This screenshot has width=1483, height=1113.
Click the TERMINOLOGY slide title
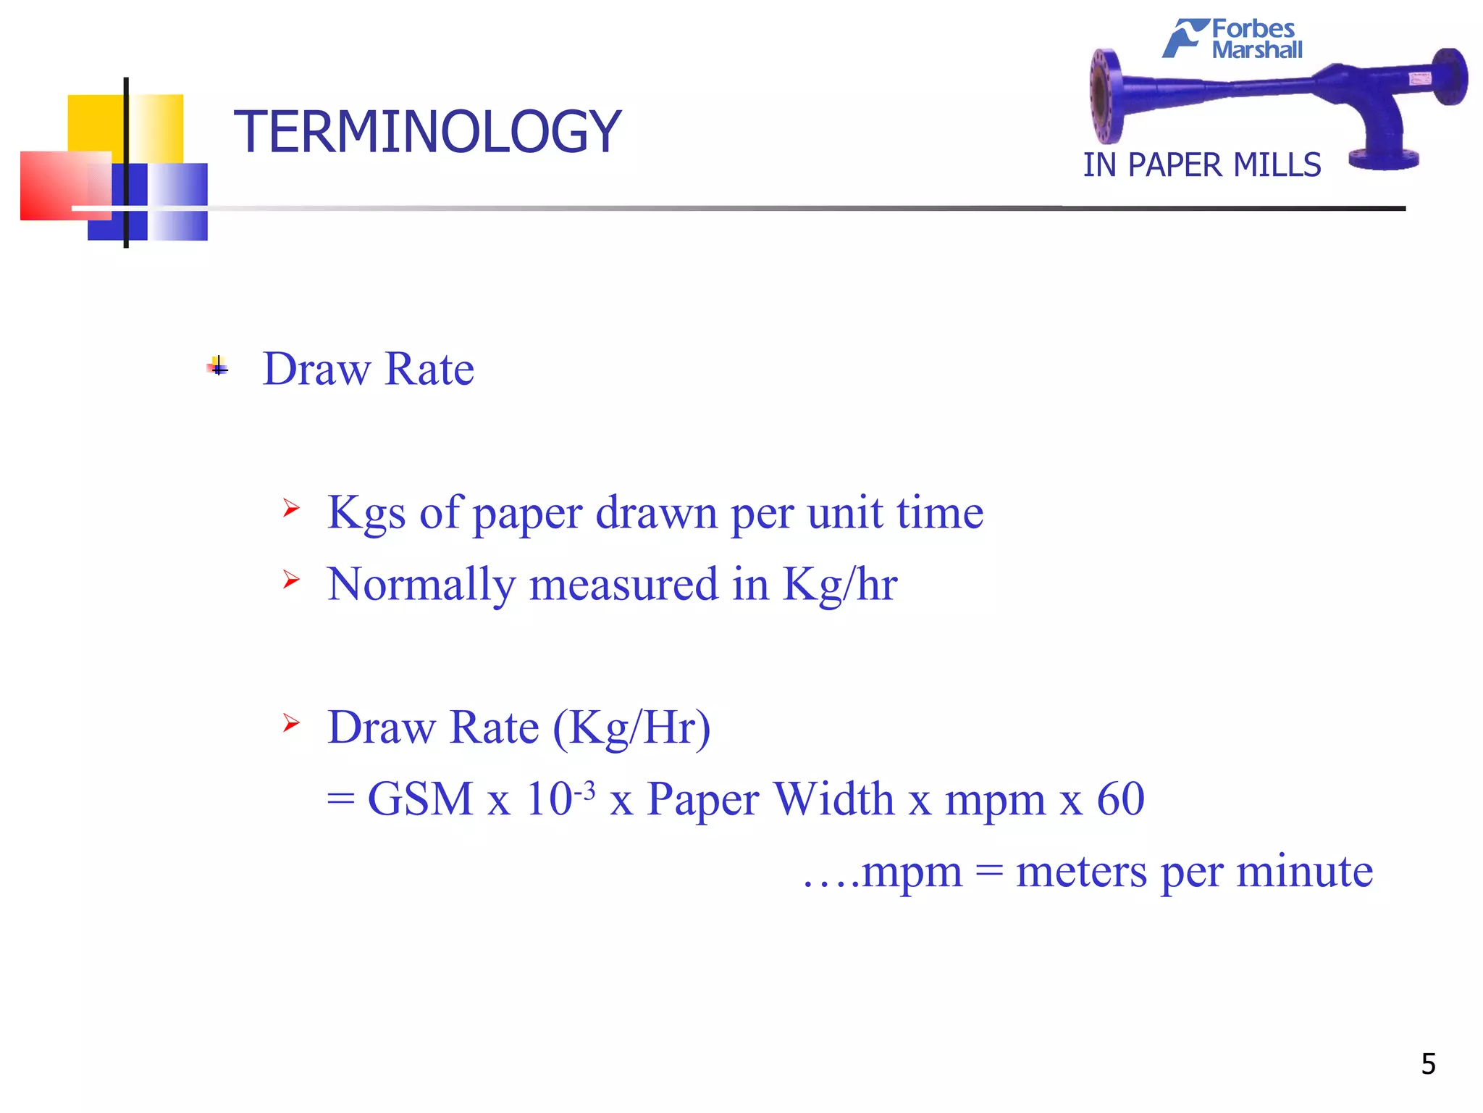point(427,132)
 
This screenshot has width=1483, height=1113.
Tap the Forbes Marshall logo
point(1233,39)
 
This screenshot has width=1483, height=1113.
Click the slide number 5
point(1428,1064)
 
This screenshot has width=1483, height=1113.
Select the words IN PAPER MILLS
point(1201,165)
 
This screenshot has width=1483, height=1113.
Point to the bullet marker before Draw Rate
point(218,367)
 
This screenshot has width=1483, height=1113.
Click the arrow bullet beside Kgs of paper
point(291,508)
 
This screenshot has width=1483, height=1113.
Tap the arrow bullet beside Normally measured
point(291,579)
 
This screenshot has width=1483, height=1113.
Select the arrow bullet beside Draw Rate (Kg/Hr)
point(291,722)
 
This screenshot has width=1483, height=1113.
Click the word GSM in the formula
point(420,799)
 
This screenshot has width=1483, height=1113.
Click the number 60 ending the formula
point(1120,799)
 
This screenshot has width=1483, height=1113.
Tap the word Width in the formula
point(833,799)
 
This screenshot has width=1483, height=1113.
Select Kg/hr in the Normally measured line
point(840,584)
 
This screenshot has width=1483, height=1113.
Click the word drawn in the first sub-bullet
point(656,513)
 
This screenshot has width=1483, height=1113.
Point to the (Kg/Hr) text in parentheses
point(631,728)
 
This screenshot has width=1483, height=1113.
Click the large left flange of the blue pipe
point(1106,96)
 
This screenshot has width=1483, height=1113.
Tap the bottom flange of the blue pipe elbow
point(1384,160)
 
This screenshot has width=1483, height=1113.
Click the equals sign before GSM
point(340,800)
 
